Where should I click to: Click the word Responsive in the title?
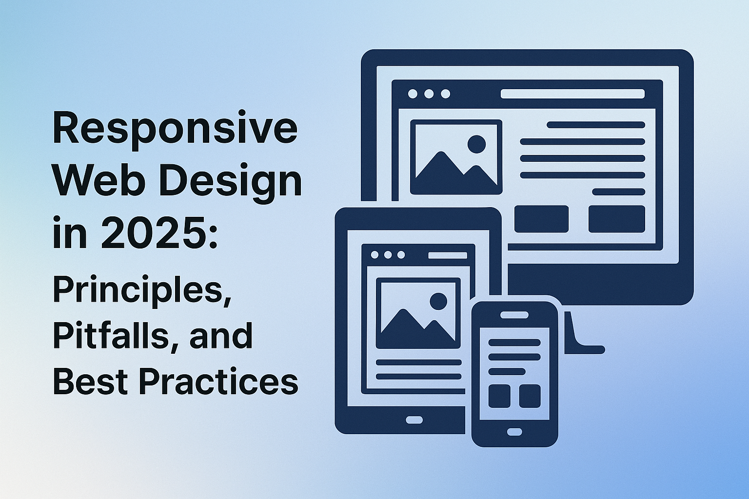(x=175, y=130)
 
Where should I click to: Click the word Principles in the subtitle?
(x=142, y=291)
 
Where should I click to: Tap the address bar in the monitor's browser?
(x=572, y=94)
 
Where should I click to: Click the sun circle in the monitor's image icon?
(x=476, y=144)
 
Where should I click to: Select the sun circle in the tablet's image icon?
(x=438, y=301)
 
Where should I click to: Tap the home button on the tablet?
(x=414, y=420)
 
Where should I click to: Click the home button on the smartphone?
(x=514, y=432)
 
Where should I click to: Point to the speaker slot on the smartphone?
(x=514, y=315)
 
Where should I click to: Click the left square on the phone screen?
(x=499, y=396)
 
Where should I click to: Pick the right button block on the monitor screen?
(x=616, y=219)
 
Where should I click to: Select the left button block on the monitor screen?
(x=541, y=219)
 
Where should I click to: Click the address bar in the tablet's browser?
(x=447, y=255)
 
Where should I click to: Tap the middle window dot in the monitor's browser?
(x=429, y=94)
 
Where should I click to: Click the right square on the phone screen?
(x=530, y=396)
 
